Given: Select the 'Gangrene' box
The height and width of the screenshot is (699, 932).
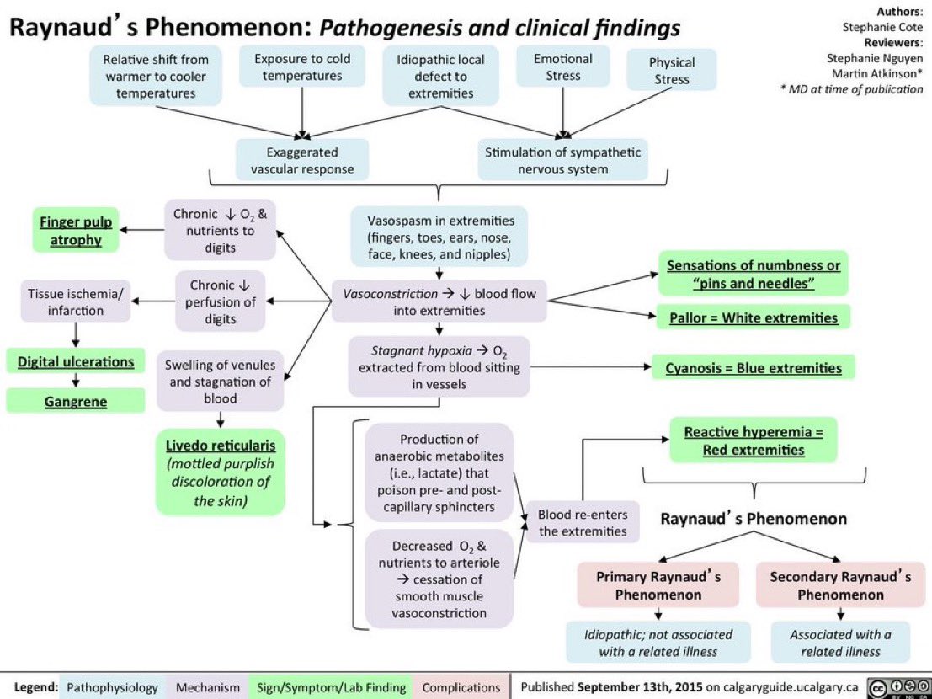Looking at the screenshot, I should click(76, 402).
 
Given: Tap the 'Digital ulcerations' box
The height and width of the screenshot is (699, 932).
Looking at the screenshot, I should click(76, 362).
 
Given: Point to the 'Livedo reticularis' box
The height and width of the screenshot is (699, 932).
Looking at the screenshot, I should click(220, 472).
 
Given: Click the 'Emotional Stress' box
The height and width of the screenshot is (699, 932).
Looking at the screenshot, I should click(563, 67).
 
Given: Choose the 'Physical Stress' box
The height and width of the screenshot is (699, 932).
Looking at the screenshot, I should click(672, 71).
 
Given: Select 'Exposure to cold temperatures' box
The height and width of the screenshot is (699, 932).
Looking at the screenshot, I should click(302, 67).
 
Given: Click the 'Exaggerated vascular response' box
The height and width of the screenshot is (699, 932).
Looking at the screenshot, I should click(302, 161).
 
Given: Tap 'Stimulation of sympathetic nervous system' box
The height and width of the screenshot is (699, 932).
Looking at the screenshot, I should click(562, 161).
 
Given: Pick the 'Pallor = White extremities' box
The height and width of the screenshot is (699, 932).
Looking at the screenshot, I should click(754, 318).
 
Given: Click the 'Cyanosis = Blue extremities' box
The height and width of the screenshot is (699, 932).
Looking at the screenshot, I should click(754, 368).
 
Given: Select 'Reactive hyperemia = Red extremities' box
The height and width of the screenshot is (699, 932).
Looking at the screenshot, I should click(754, 440).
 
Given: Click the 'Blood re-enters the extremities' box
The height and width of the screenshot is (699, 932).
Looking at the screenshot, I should click(583, 522).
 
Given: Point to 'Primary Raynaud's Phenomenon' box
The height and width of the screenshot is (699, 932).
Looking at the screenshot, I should click(658, 585).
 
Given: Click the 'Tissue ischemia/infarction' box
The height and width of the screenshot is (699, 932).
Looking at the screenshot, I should click(76, 301).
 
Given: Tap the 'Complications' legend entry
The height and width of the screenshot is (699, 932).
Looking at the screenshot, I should click(461, 687).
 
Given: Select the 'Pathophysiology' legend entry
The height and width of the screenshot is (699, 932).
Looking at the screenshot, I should click(113, 687).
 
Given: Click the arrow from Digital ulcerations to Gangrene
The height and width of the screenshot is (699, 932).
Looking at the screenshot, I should click(76, 382).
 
